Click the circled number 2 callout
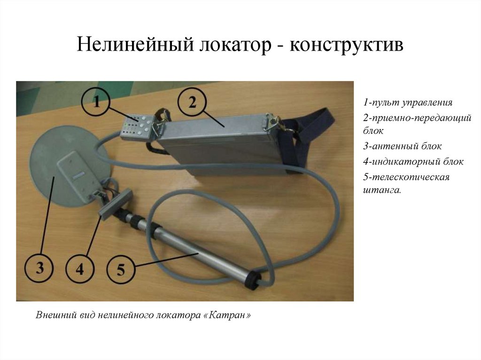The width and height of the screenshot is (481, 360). pyautogui.click(x=192, y=102)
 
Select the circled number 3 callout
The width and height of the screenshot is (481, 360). pyautogui.click(x=39, y=268)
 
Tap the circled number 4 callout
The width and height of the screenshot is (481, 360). pyautogui.click(x=79, y=269)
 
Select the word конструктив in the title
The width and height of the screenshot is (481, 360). pyautogui.click(x=346, y=46)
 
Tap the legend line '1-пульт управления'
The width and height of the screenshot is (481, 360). pyautogui.click(x=407, y=102)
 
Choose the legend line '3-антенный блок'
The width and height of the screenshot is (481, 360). pyautogui.click(x=402, y=146)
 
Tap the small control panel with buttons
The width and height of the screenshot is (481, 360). pyautogui.click(x=136, y=127)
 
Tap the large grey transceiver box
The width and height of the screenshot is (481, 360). pyautogui.click(x=221, y=141)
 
